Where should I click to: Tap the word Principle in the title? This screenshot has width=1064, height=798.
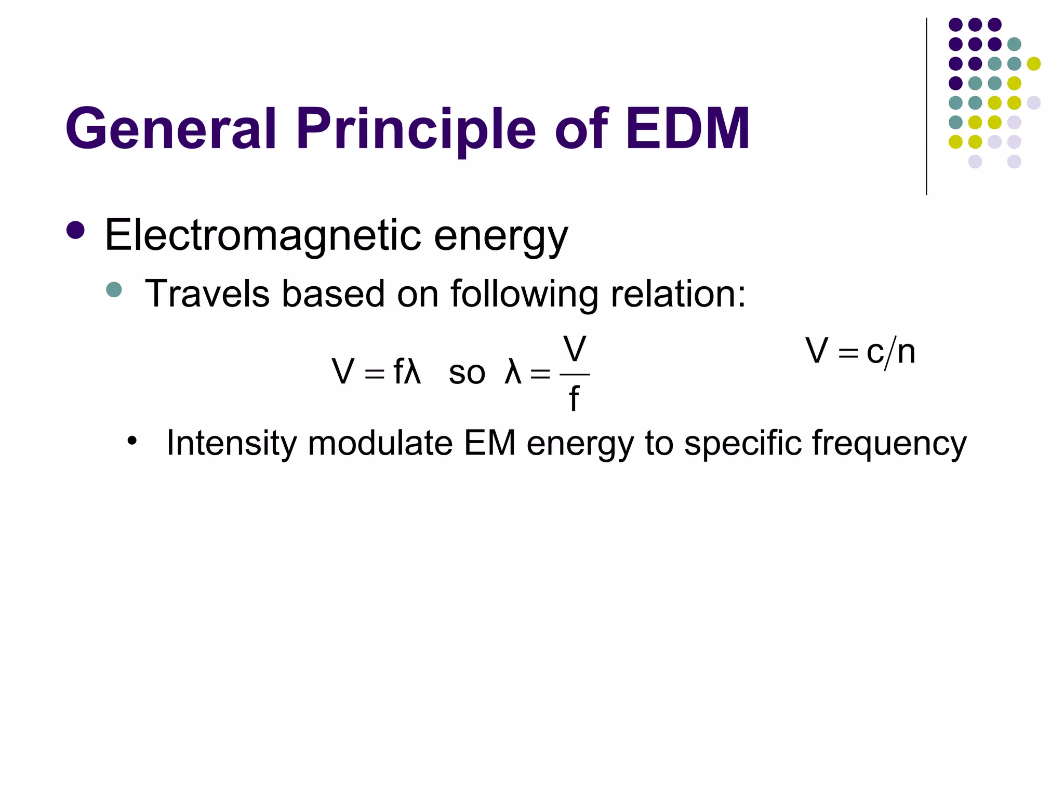tap(416, 128)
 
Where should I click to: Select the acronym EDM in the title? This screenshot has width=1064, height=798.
tap(687, 128)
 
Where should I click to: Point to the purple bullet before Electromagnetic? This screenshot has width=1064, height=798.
tap(76, 230)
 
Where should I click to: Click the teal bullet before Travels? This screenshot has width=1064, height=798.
tap(113, 289)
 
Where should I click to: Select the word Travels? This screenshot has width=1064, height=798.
tap(207, 294)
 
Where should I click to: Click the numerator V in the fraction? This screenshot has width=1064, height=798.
tap(575, 350)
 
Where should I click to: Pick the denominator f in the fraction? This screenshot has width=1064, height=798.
tap(574, 400)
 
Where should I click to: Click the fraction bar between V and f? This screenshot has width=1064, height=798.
tap(575, 374)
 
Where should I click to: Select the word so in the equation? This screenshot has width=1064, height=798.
tap(467, 373)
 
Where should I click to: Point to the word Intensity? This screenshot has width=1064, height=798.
tap(231, 444)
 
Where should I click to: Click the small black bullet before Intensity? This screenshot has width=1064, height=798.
tap(132, 441)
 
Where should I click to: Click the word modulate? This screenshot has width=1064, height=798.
tap(380, 444)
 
